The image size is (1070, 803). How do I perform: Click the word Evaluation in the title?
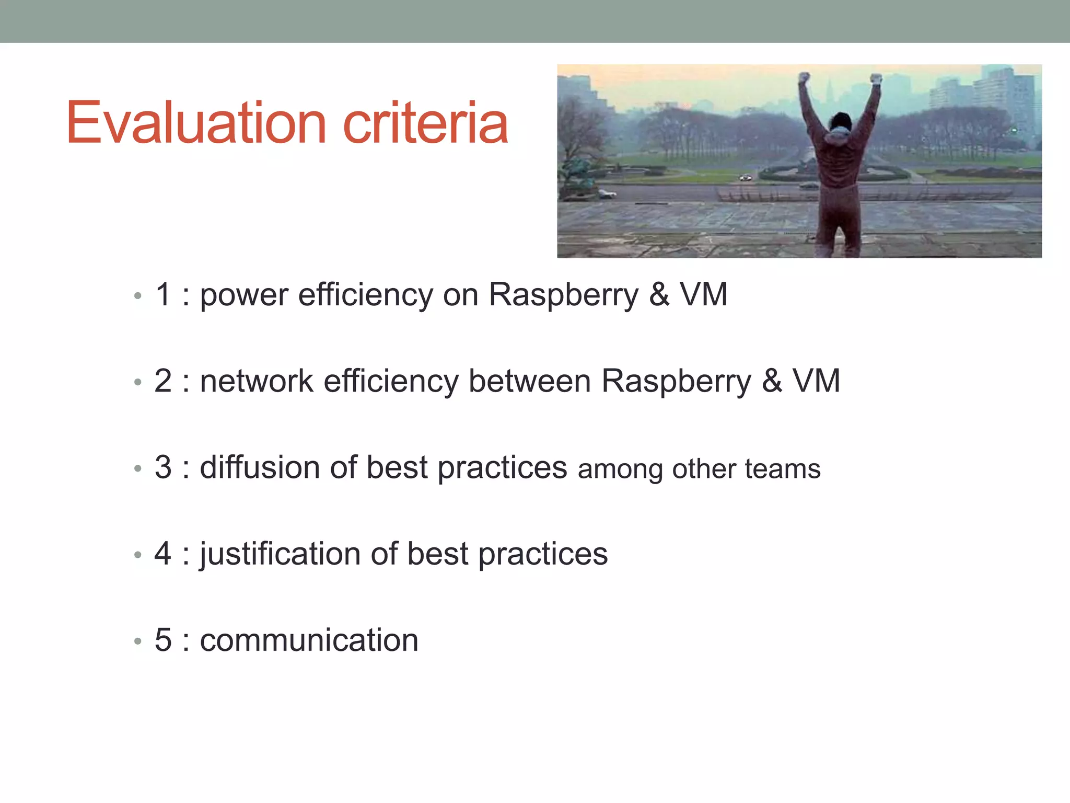click(196, 123)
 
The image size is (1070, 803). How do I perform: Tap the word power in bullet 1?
click(244, 295)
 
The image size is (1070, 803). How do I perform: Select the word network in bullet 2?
click(256, 381)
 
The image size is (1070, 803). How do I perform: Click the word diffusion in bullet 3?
click(259, 467)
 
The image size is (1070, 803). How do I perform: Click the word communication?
click(309, 640)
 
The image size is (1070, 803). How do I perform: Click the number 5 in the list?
click(163, 640)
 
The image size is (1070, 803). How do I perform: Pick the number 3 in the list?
click(163, 467)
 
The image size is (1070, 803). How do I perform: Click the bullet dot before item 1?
click(137, 296)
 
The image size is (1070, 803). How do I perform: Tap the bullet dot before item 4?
click(137, 555)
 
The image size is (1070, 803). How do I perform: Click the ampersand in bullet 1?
click(659, 295)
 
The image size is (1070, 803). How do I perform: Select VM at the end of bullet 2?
click(816, 381)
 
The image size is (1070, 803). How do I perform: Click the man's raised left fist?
click(805, 79)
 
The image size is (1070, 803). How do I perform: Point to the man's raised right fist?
click(876, 79)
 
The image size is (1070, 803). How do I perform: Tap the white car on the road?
click(746, 178)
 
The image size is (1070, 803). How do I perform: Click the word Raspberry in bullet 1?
click(563, 295)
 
